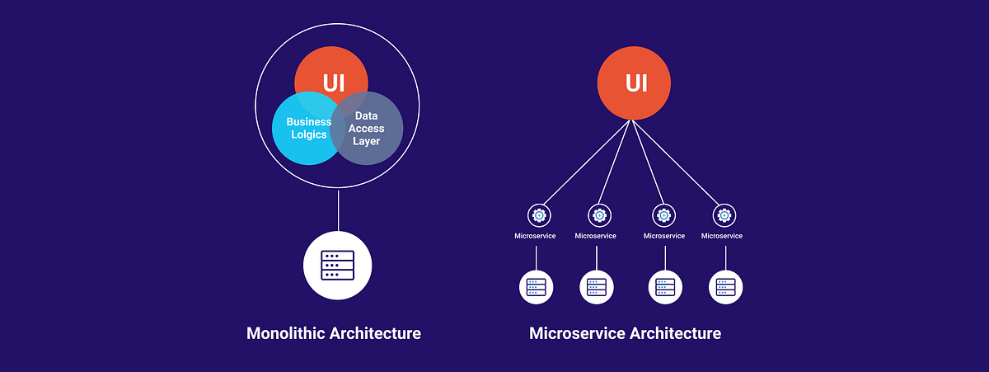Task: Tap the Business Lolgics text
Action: pyautogui.click(x=309, y=128)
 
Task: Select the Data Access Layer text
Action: pyautogui.click(x=367, y=129)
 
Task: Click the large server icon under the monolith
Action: pyautogui.click(x=338, y=266)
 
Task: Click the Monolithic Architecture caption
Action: pyautogui.click(x=334, y=333)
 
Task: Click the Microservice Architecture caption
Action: pyautogui.click(x=625, y=333)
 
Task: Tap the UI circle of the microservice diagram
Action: pyautogui.click(x=635, y=82)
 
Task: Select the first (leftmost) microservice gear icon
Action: pyautogui.click(x=539, y=215)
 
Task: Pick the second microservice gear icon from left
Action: pyautogui.click(x=599, y=215)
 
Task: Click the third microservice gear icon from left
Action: pyautogui.click(x=664, y=215)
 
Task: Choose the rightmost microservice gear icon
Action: pyautogui.click(x=724, y=215)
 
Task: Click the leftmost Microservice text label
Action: pyautogui.click(x=535, y=236)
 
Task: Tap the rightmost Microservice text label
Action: pyautogui.click(x=722, y=236)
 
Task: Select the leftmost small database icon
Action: pyautogui.click(x=537, y=287)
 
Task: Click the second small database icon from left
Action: pyautogui.click(x=597, y=287)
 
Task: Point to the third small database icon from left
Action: pyautogui.click(x=665, y=287)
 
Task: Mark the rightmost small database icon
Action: pyautogui.click(x=726, y=287)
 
